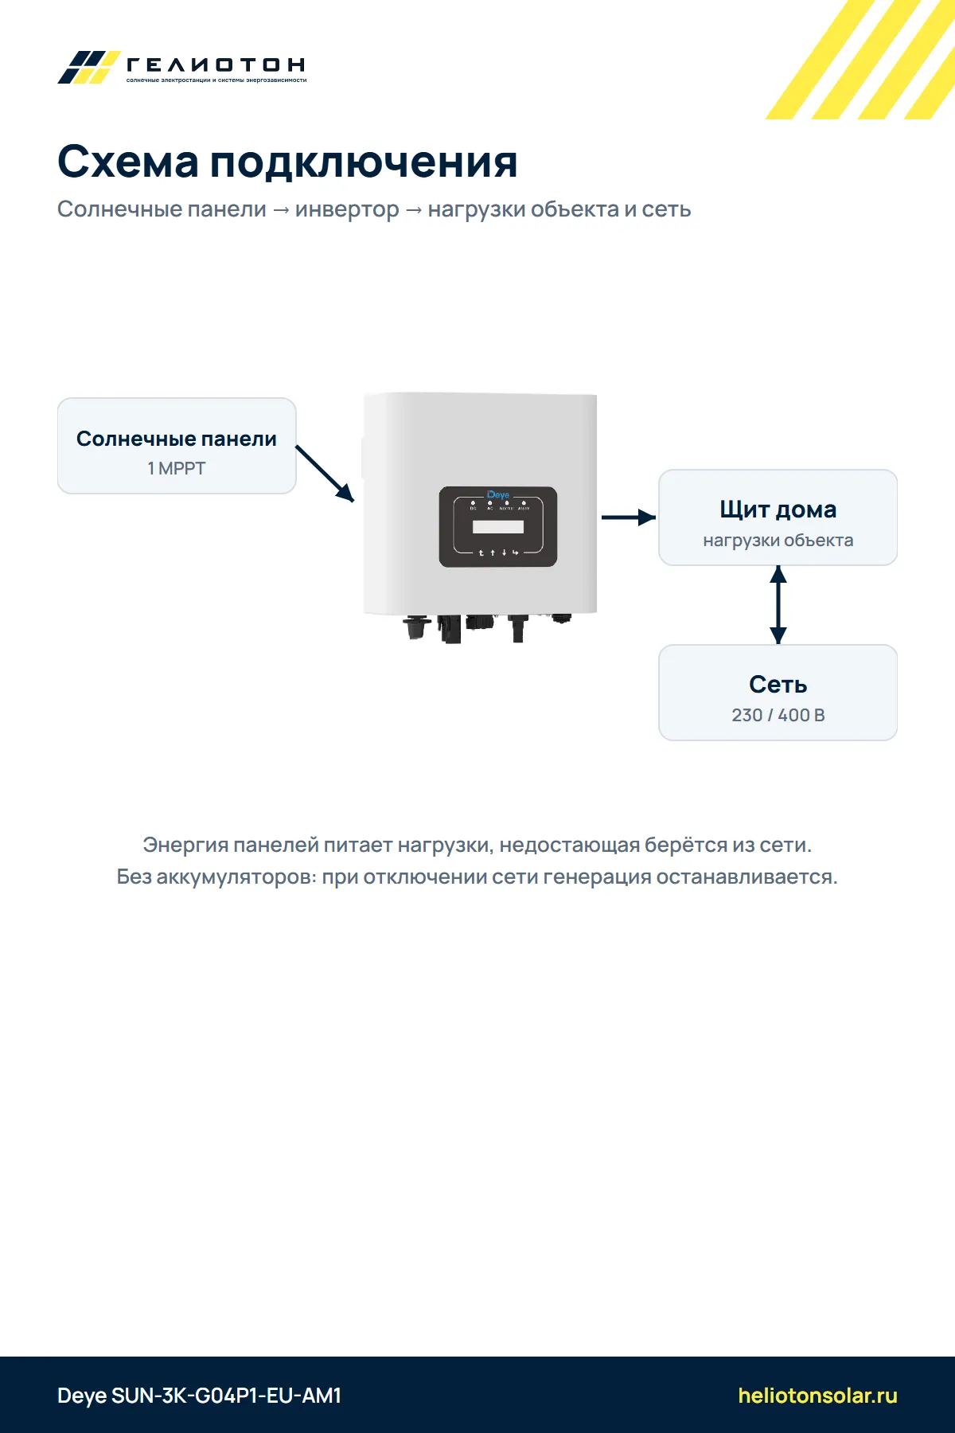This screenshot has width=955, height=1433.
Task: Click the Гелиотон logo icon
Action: pos(88,67)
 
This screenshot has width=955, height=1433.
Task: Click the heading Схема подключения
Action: pos(287,162)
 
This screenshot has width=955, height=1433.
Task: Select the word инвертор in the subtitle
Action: pos(347,209)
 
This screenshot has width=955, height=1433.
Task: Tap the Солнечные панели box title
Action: pos(177,439)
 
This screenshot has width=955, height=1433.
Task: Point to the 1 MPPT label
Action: pos(177,469)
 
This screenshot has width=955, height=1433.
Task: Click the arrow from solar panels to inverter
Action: pos(325,474)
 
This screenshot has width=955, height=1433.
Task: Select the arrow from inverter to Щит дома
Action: pos(629,517)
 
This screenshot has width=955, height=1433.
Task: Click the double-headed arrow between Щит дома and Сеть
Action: pos(778,605)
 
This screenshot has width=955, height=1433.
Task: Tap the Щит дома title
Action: pos(778,510)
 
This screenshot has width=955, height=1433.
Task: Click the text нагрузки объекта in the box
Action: pos(778,541)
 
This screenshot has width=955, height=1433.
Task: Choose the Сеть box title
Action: pos(778,685)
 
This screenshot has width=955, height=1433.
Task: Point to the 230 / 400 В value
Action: pos(778,715)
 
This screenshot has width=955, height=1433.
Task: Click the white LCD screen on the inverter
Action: pos(498,526)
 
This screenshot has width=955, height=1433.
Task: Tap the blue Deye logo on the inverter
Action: pos(498,494)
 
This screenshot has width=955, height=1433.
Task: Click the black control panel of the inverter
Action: pos(498,527)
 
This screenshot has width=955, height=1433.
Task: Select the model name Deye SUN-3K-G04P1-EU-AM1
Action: pos(199,1396)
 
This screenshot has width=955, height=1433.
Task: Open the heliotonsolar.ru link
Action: pos(818,1396)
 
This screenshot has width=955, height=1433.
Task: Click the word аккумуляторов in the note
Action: pos(236,877)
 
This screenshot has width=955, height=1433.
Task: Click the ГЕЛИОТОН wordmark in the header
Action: pos(216,64)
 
